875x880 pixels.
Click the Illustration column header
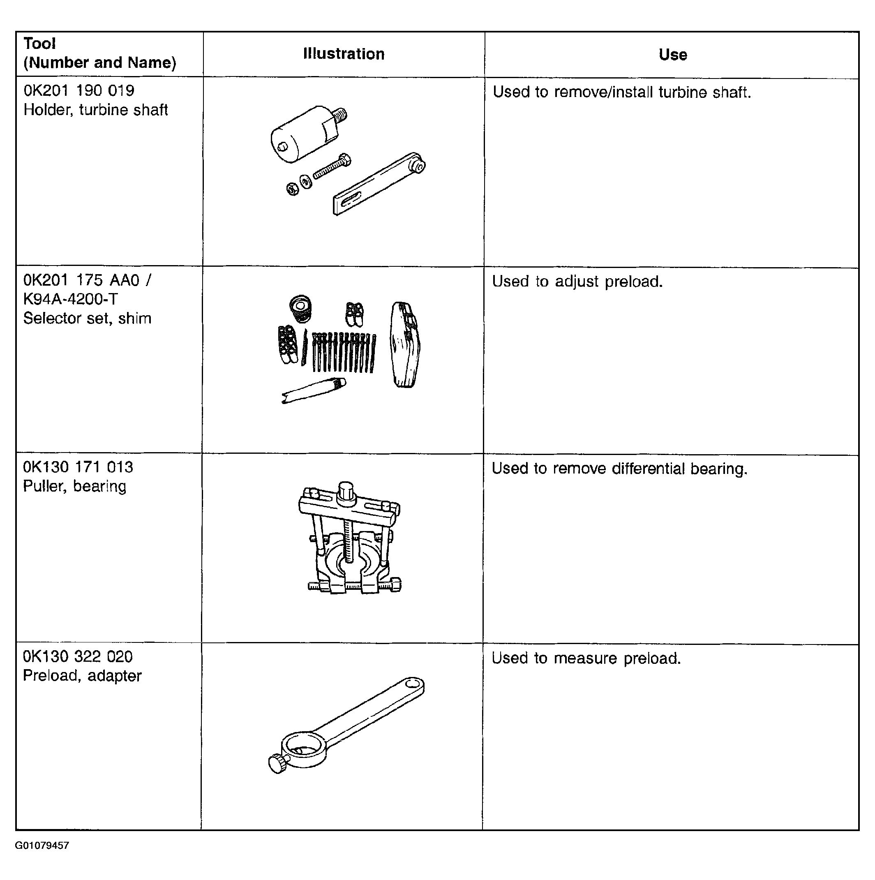tap(344, 54)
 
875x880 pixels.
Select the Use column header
tap(673, 55)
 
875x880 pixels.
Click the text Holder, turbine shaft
tap(96, 110)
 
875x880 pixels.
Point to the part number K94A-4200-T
tap(71, 299)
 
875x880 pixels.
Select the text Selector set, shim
tap(87, 319)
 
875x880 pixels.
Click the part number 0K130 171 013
tap(78, 467)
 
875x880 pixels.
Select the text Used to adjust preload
tap(577, 282)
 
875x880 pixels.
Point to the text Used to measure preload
tap(586, 658)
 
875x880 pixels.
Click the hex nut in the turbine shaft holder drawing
tap(293, 189)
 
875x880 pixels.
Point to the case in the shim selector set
tap(405, 345)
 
